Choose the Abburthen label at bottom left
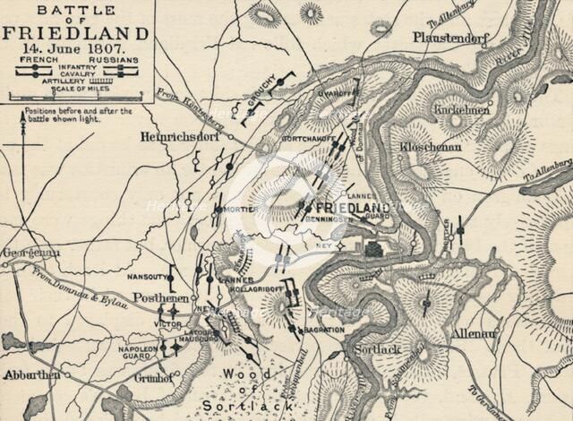tap(30, 374)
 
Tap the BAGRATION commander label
tap(322, 331)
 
